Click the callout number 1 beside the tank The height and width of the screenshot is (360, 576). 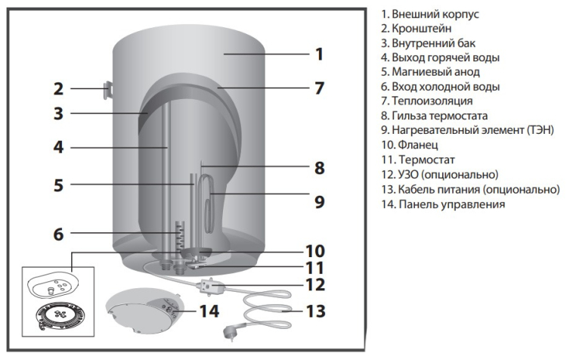pos(320,54)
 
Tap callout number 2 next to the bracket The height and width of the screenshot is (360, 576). pos(58,89)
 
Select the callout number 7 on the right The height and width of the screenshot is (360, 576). pos(320,88)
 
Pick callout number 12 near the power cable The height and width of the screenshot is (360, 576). pos(319,285)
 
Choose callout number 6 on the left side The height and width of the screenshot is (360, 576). pos(58,234)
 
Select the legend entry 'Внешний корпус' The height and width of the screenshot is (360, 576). pos(424,14)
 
